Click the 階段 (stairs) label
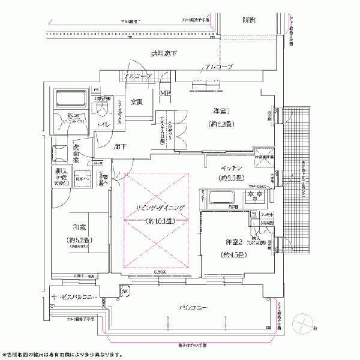pos(249,20)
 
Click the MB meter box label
pos(164,94)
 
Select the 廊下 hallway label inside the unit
pos(120,147)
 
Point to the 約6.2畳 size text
pos(223,127)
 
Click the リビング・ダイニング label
pos(155,208)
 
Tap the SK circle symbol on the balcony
pos(125,292)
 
